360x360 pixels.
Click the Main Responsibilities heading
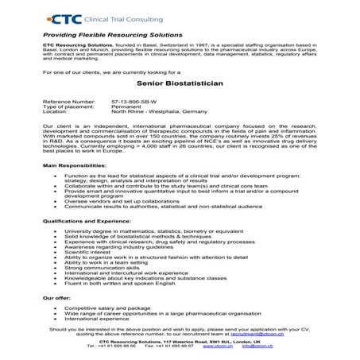point(70,187)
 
